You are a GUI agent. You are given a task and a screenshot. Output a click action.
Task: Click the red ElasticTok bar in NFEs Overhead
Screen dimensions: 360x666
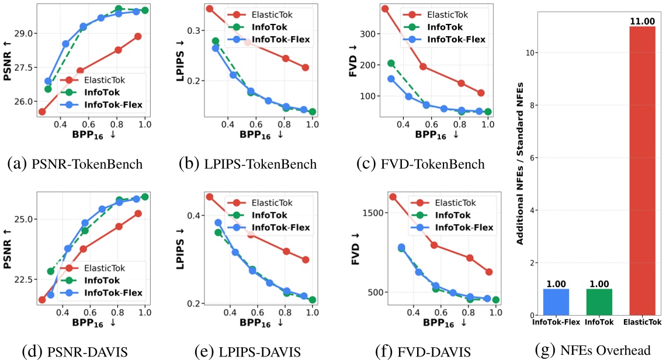[x=642, y=169]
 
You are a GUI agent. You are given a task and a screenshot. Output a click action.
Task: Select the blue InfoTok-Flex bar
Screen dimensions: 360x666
[x=556, y=302]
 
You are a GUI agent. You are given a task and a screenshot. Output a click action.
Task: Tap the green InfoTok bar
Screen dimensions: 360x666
[x=599, y=302]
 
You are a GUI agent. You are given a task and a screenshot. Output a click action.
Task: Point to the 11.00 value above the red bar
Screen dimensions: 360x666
[x=642, y=22]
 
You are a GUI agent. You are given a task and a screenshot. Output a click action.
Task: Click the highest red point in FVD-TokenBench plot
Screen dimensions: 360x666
[x=385, y=9]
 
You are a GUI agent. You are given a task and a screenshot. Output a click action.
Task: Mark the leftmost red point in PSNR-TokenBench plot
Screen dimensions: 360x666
[x=42, y=112]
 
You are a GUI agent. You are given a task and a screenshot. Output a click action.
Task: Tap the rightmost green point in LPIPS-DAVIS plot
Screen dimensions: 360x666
[x=313, y=300]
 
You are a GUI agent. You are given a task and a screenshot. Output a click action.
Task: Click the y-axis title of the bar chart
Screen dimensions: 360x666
[x=521, y=169]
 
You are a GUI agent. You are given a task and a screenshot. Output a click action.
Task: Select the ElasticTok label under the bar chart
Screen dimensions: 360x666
[x=642, y=322]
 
